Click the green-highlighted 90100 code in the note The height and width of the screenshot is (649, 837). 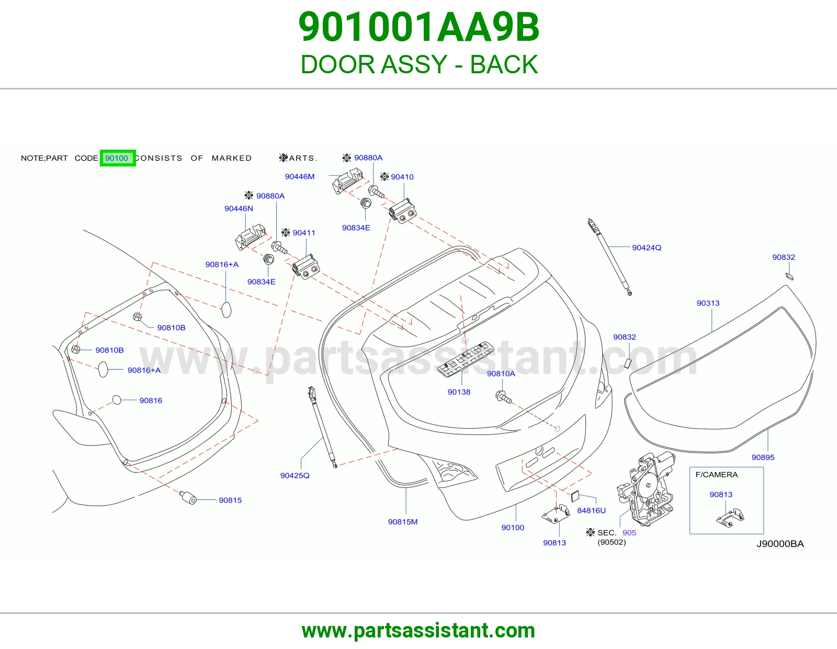(117, 158)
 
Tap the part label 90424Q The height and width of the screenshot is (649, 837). (647, 248)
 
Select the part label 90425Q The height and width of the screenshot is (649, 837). (295, 476)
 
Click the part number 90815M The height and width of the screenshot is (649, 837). (402, 522)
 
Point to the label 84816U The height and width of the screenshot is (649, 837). (591, 511)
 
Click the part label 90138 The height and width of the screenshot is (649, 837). (459, 392)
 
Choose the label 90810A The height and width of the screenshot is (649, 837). (501, 374)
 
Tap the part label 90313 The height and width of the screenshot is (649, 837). (708, 304)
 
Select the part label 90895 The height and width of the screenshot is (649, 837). (763, 457)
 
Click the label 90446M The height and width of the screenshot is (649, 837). (300, 176)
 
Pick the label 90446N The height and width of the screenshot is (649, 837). (239, 208)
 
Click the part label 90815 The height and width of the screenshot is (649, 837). (230, 500)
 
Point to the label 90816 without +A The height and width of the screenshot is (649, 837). (151, 400)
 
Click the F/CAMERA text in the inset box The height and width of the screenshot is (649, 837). (717, 475)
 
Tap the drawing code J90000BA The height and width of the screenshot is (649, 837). (780, 544)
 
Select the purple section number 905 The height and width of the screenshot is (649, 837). (629, 533)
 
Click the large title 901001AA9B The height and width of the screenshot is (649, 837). (418, 27)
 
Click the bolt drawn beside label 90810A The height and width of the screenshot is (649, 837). (503, 397)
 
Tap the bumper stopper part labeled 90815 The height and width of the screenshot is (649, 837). (188, 498)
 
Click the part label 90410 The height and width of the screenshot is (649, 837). (402, 177)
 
